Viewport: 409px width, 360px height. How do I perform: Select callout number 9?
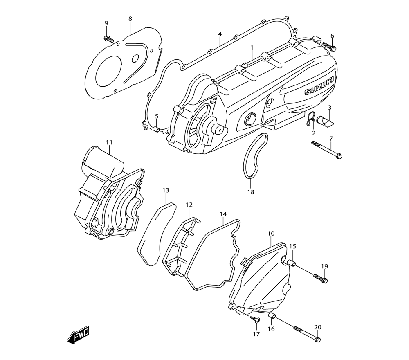tap(106, 23)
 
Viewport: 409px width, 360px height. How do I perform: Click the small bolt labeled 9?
tap(108, 38)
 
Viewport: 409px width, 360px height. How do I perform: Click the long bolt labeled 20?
tap(306, 333)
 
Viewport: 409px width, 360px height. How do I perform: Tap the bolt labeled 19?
tap(321, 278)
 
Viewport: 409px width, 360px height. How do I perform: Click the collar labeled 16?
tap(271, 315)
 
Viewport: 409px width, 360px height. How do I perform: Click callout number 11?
tap(109, 142)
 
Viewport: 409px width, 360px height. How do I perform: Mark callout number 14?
tap(223, 214)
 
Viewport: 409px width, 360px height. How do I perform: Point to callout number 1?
tap(252, 47)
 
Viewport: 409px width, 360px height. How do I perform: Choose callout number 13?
tap(166, 190)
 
